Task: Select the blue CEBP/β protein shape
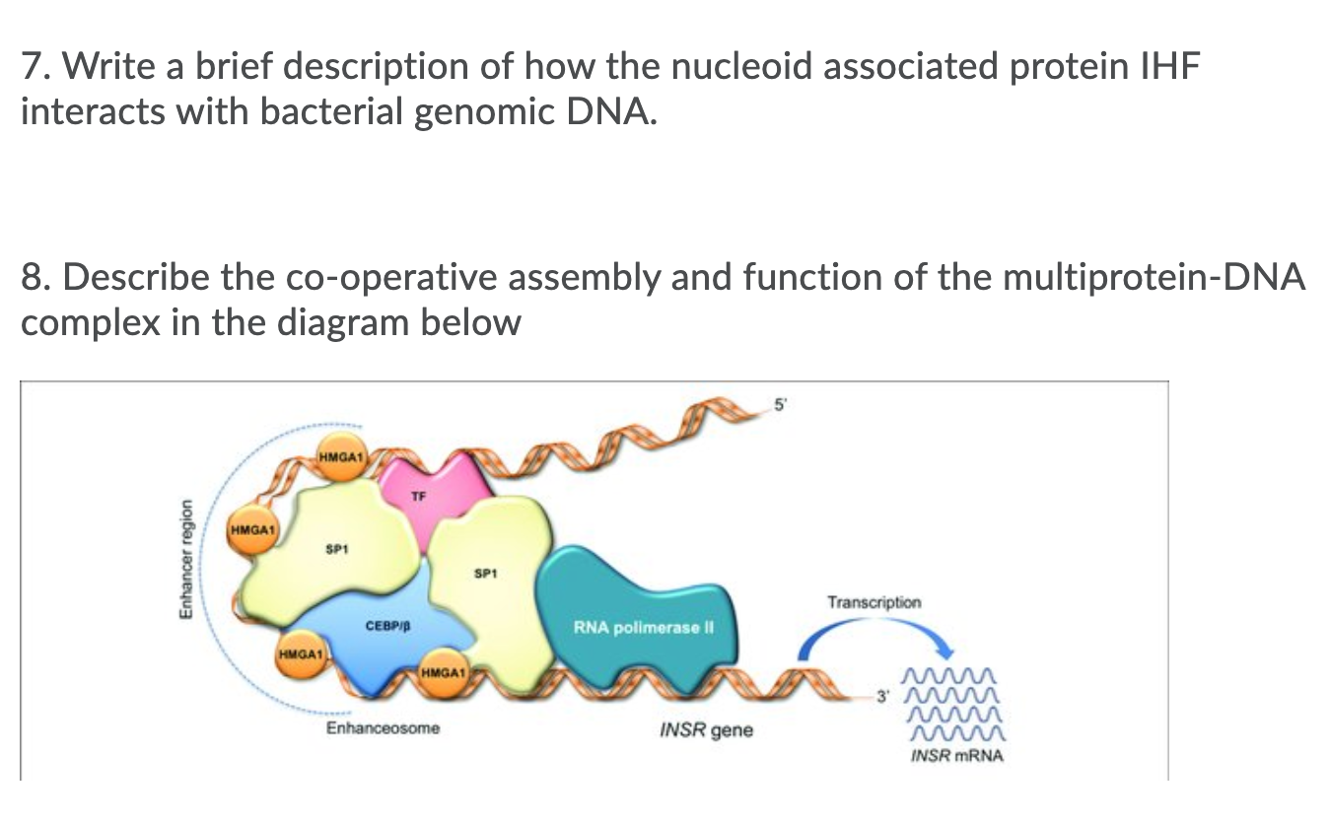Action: pyautogui.click(x=385, y=631)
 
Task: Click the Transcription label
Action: pyautogui.click(x=874, y=601)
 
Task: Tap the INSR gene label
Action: pyautogui.click(x=705, y=730)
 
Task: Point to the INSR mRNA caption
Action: pyautogui.click(x=955, y=756)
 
